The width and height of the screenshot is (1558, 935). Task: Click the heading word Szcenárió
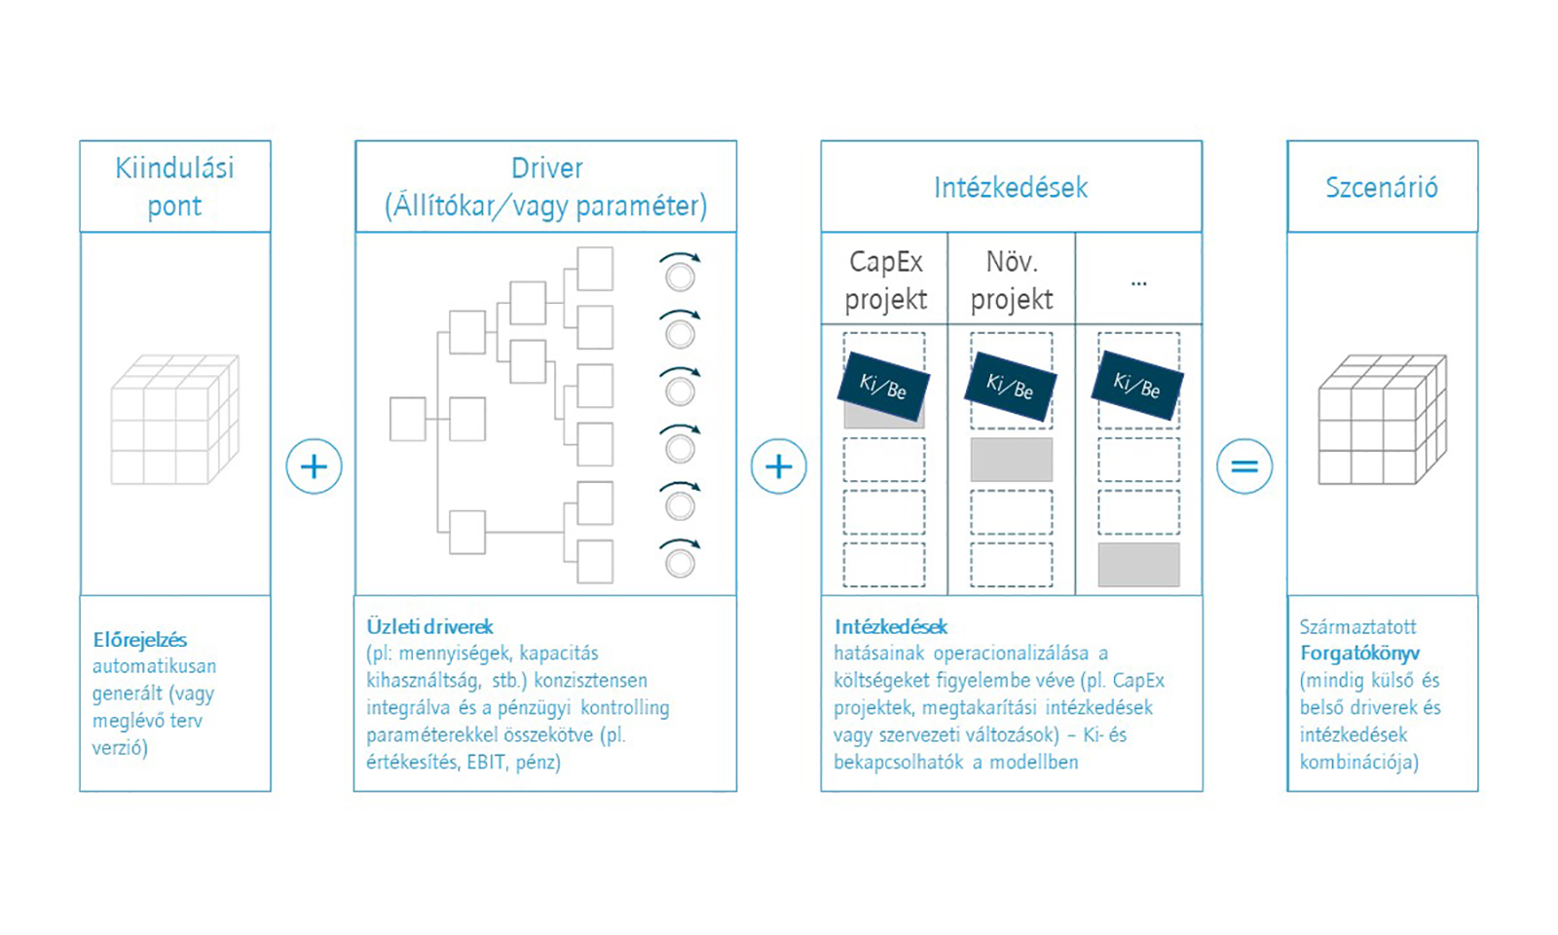[1382, 187]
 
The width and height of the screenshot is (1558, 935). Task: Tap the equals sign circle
[1244, 467]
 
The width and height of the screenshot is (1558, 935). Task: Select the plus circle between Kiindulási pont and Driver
[314, 467]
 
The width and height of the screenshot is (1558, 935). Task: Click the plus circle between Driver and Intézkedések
[779, 467]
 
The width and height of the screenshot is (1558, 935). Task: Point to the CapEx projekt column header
[885, 280]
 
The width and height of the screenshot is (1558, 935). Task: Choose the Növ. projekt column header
[1012, 280]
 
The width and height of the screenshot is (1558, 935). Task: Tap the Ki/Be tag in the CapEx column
[883, 386]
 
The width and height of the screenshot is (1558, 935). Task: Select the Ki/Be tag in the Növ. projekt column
[1011, 386]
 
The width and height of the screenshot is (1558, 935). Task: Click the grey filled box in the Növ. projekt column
[1012, 460]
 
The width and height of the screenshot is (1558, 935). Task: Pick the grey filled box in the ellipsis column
[1138, 565]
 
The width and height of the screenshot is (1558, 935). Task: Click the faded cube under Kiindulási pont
[175, 420]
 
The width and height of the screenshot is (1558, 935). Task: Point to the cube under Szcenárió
[1383, 420]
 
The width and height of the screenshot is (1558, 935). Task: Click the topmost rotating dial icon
[681, 272]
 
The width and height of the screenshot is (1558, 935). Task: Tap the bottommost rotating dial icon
[681, 559]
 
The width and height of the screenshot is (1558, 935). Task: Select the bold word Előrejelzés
[140, 640]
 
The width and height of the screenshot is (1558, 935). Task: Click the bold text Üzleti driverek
[429, 627]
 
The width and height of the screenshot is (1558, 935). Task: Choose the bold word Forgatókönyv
[1359, 654]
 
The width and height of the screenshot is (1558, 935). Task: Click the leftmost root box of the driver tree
[408, 419]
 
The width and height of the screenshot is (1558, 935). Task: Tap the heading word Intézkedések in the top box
[1011, 188]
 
